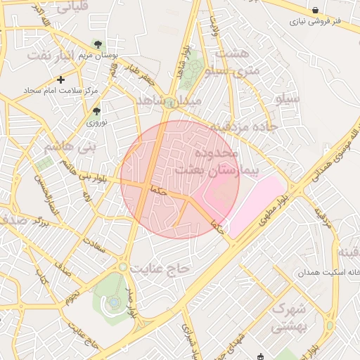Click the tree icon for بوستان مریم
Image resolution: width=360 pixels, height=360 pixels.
click(x=97, y=44)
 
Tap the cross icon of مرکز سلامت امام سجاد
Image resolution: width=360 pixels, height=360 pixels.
click(x=61, y=79)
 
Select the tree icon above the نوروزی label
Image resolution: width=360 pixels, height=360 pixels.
click(x=96, y=110)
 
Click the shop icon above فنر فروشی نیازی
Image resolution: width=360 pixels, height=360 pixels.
click(x=315, y=11)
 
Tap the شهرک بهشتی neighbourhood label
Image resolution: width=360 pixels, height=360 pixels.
click(x=288, y=317)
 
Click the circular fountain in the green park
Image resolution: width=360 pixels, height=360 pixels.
click(x=113, y=303)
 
